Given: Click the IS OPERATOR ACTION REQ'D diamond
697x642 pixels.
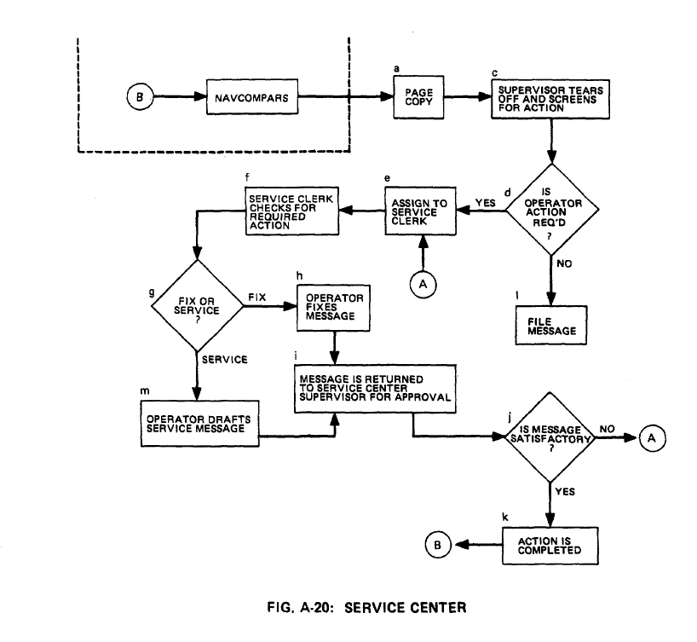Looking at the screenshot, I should (x=553, y=211).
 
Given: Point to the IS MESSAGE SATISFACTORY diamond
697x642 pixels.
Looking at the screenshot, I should (x=553, y=437).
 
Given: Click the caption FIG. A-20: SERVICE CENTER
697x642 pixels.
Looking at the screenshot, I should (x=372, y=608).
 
